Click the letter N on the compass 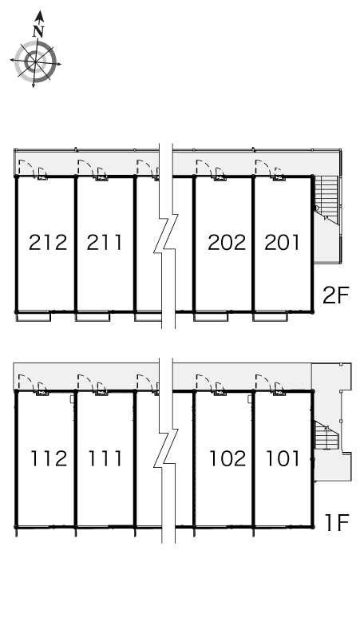point(38,31)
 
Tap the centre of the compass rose point(35,61)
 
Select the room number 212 point(48,243)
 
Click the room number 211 point(105,243)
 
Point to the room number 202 point(227,243)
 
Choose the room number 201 point(282,243)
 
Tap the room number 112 point(49,458)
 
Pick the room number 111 point(105,458)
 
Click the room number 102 point(227,458)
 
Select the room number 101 point(283,458)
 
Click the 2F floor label point(336,295)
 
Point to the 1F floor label point(337,522)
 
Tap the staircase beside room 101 point(326,434)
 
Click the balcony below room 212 point(33,316)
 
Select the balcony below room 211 point(92,316)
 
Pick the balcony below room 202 point(211,316)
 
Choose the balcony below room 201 point(270,316)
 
